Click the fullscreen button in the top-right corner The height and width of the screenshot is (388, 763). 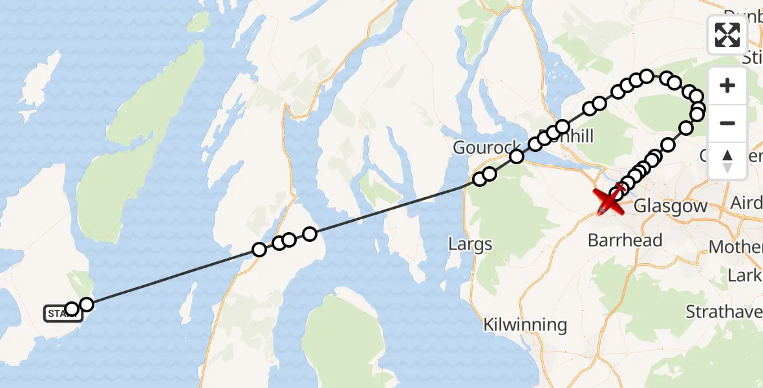click(727, 34)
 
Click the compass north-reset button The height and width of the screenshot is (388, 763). click(727, 160)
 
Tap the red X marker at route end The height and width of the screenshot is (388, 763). click(609, 202)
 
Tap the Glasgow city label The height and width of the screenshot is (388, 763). click(671, 206)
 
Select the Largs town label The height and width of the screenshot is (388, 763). click(470, 244)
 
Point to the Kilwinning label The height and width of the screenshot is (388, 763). click(525, 325)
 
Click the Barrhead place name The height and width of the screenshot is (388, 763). click(625, 241)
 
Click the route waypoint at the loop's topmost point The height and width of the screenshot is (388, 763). click(646, 77)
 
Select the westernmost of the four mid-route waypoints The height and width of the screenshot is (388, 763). click(259, 249)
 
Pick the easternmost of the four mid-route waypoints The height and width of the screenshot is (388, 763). click(310, 233)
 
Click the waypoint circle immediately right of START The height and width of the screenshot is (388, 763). click(86, 305)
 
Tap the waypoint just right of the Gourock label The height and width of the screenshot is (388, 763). click(516, 156)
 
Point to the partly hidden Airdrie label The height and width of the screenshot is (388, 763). click(746, 204)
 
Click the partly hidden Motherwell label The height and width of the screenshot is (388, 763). click(736, 247)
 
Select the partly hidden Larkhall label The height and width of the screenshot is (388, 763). click(745, 275)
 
